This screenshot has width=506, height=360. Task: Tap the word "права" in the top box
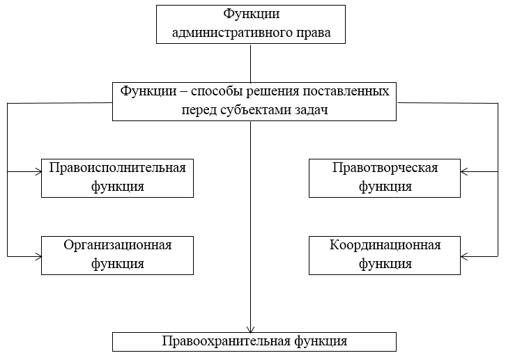click(313, 33)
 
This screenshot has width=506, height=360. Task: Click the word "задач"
click(312, 110)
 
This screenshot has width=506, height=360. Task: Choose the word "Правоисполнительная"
click(118, 168)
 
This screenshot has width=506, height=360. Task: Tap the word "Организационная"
click(118, 245)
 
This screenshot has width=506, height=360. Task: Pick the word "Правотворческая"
click(385, 168)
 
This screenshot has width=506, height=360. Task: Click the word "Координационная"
click(385, 245)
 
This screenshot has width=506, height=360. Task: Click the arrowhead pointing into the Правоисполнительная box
click(39, 172)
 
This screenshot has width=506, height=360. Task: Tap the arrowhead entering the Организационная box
click(39, 256)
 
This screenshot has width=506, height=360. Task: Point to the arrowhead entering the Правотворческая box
click(463, 172)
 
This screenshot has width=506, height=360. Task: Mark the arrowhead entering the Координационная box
click(463, 256)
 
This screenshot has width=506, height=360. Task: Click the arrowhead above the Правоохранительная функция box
click(250, 329)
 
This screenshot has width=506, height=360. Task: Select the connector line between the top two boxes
click(250, 63)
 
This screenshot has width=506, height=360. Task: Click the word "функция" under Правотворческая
click(385, 187)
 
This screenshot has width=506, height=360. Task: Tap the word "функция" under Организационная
click(118, 265)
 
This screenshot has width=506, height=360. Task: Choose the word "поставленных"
click(346, 91)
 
